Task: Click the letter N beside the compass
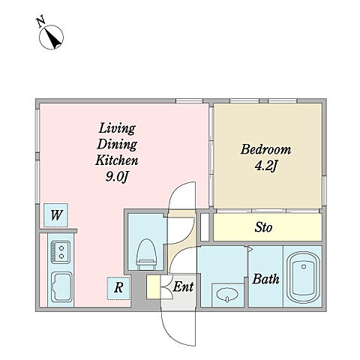[x=41, y=21]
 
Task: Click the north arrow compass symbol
[x=52, y=37]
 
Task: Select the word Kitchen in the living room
[x=117, y=160]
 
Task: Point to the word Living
[x=117, y=128]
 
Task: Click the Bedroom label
[x=265, y=149]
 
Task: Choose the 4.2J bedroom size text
[x=266, y=166]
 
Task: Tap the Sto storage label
[x=263, y=227]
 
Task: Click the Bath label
[x=265, y=279]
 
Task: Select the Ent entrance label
[x=183, y=286]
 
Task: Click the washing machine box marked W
[x=55, y=215]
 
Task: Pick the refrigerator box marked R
[x=118, y=288]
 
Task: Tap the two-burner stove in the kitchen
[x=61, y=252]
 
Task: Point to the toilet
[x=146, y=254]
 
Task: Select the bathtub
[x=304, y=277]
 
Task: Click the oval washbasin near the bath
[x=227, y=294]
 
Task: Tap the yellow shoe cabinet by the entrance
[x=154, y=286]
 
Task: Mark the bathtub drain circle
[x=304, y=267]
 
